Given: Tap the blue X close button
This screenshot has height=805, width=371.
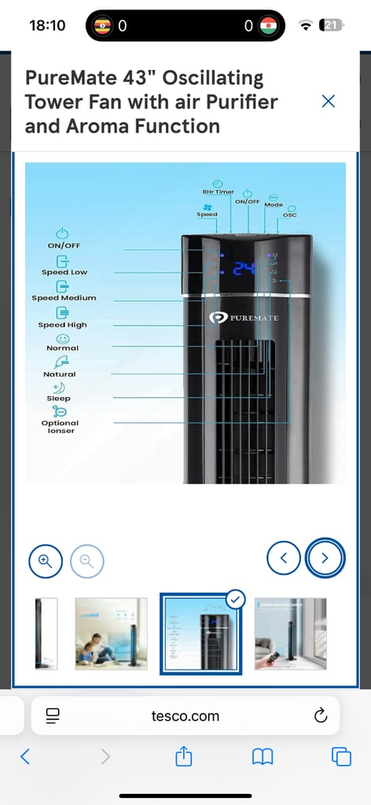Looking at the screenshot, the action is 328,101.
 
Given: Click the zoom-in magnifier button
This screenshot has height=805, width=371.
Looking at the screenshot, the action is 46,561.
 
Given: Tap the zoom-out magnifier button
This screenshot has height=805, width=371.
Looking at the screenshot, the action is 86,561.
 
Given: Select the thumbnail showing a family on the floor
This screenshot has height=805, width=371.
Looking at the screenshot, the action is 111,634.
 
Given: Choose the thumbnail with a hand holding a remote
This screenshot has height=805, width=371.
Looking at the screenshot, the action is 291,634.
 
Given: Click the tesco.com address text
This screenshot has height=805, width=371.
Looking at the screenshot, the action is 185,715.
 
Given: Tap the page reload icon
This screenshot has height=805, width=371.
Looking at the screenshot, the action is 321,715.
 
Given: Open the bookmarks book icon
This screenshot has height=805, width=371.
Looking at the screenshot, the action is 263,757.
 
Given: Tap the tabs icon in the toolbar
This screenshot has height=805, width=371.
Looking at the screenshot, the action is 341,757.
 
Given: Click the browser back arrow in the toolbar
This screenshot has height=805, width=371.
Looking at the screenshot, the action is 24,757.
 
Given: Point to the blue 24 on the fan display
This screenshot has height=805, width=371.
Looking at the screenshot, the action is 244,268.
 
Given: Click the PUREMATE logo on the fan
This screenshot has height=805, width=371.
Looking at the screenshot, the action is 244,318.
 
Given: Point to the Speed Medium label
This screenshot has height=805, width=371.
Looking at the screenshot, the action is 64,298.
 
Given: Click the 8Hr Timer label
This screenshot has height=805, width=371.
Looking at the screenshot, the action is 218,192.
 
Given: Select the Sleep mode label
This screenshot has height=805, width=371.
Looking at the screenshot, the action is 58,399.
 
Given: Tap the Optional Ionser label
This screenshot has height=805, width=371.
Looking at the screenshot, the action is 60,427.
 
